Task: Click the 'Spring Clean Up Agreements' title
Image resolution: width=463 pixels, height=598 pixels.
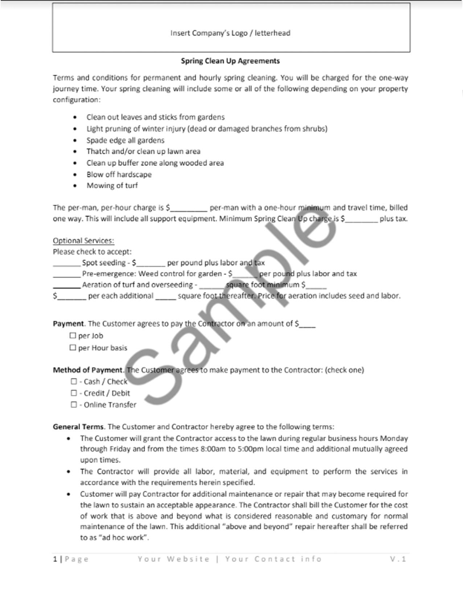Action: click(230, 61)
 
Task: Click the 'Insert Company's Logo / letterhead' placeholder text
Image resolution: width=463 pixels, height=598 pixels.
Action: click(230, 33)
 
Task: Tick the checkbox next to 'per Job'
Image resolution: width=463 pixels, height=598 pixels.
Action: click(73, 336)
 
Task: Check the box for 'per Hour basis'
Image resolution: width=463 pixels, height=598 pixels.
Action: click(73, 348)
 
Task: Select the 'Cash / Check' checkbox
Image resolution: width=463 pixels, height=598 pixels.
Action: click(74, 381)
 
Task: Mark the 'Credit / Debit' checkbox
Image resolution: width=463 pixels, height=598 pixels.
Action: click(74, 393)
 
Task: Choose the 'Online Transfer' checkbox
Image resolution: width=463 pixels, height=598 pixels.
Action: click(74, 404)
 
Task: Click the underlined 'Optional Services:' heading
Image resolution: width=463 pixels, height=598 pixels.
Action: click(83, 241)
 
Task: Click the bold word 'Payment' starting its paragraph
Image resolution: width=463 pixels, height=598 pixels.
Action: click(68, 324)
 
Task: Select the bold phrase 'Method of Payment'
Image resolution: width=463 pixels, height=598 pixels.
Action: click(87, 370)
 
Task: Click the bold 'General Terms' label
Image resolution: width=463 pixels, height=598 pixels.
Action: click(78, 427)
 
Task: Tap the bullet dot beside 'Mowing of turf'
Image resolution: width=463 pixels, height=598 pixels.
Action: click(75, 186)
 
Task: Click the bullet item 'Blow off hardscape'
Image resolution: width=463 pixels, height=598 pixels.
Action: click(119, 174)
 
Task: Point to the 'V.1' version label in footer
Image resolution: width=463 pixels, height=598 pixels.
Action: click(398, 559)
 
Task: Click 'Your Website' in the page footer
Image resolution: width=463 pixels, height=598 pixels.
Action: click(173, 559)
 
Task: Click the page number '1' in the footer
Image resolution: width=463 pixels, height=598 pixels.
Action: click(55, 559)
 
